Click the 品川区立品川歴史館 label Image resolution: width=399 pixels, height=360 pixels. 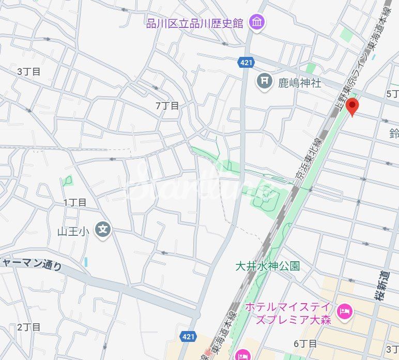pos(194,24)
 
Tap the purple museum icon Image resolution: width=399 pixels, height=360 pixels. pos(256,22)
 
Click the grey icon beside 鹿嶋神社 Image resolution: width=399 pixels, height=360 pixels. pos(264,81)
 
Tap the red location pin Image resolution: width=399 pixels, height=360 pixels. pos(352,107)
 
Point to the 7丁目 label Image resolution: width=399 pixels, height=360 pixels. pos(167,106)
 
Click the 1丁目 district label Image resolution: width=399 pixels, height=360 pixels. pos(75,202)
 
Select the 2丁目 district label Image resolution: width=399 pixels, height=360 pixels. pos(28,327)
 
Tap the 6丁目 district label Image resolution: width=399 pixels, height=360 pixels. pos(305,343)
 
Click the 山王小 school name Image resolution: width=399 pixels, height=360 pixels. pos(73,231)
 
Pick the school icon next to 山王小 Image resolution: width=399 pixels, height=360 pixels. pos(103,231)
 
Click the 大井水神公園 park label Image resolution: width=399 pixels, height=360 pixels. pos(267,266)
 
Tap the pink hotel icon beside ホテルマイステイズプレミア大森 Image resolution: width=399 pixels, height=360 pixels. pos(343,312)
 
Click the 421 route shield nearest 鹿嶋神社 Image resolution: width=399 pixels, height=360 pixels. pos(246,63)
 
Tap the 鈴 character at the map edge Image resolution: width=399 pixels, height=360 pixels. pos(394,133)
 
